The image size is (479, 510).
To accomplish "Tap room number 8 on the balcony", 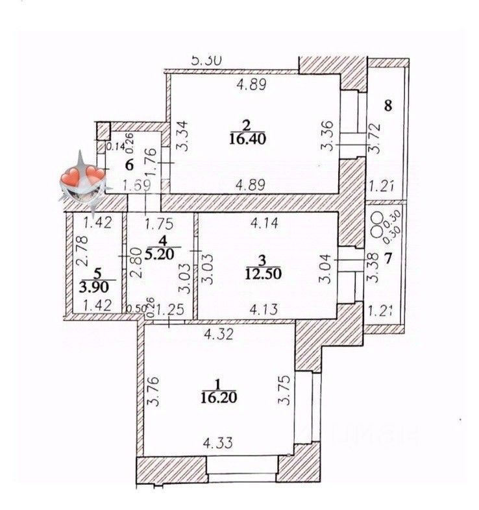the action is [387, 106].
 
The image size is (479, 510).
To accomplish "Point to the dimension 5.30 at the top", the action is [208, 61].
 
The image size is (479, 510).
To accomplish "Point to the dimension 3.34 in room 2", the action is [183, 138].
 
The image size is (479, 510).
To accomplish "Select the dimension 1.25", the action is [169, 310].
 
